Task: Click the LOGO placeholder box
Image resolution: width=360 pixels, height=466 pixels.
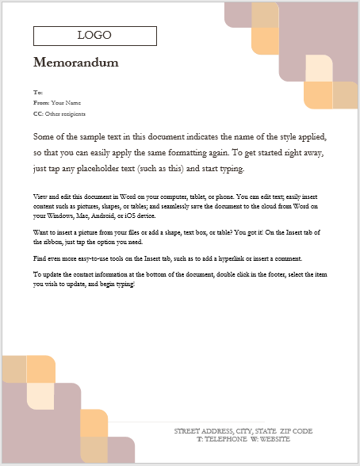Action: (94, 36)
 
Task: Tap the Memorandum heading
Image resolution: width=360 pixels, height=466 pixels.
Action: (76, 63)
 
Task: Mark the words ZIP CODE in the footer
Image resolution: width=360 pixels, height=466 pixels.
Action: (296, 431)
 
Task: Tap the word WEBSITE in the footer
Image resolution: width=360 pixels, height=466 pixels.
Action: (274, 438)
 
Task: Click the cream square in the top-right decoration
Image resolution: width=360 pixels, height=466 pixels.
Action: (319, 68)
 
